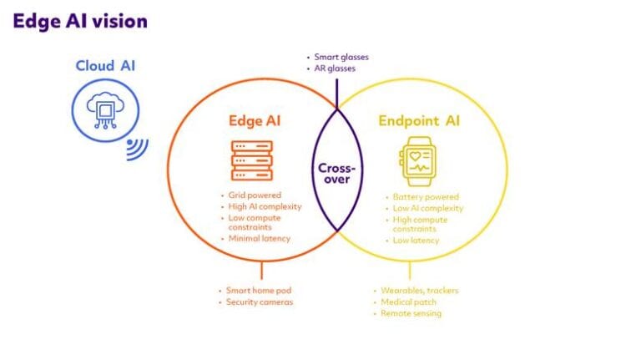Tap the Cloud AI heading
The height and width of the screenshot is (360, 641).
click(106, 66)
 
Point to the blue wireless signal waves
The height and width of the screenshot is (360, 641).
click(137, 149)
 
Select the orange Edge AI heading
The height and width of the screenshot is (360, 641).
click(255, 121)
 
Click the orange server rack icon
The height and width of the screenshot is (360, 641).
click(252, 160)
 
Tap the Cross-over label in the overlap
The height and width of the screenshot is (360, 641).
click(335, 174)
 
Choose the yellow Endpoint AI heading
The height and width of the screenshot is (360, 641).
click(419, 121)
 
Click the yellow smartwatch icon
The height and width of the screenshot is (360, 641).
click(418, 161)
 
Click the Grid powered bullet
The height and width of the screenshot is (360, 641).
click(254, 195)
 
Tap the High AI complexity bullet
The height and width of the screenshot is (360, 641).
click(263, 206)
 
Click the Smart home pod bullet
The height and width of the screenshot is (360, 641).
click(259, 291)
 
